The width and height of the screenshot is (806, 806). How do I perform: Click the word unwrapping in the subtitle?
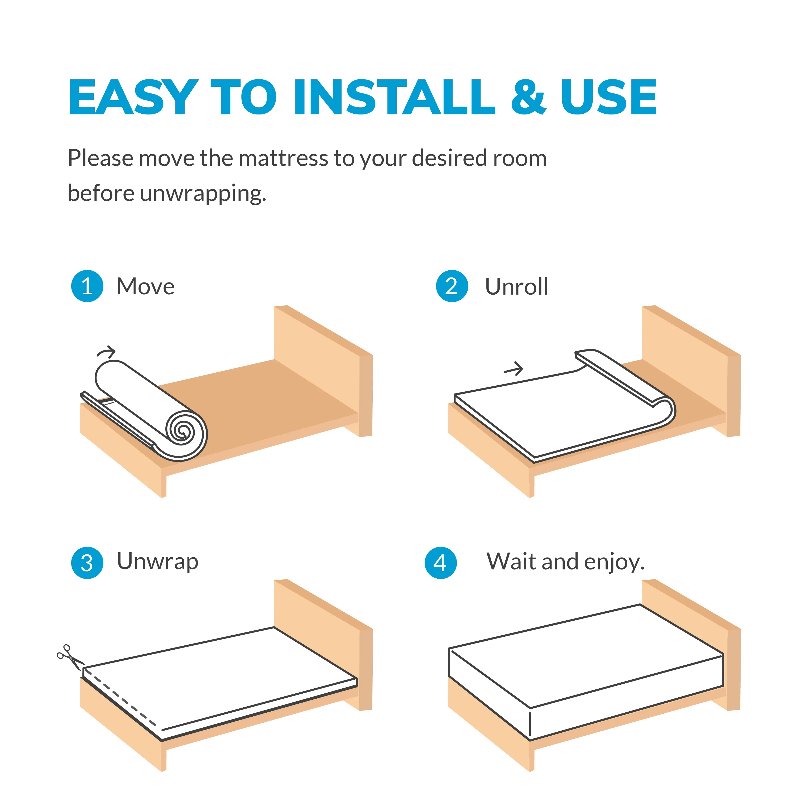(x=203, y=194)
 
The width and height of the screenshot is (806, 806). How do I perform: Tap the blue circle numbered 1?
(x=87, y=286)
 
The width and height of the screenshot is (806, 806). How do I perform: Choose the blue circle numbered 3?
(x=87, y=563)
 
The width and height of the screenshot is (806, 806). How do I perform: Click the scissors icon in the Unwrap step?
(x=70, y=657)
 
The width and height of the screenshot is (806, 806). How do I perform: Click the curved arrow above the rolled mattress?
(x=106, y=352)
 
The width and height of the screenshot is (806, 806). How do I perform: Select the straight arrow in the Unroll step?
(x=513, y=368)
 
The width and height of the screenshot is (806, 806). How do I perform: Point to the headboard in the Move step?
(x=323, y=371)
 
